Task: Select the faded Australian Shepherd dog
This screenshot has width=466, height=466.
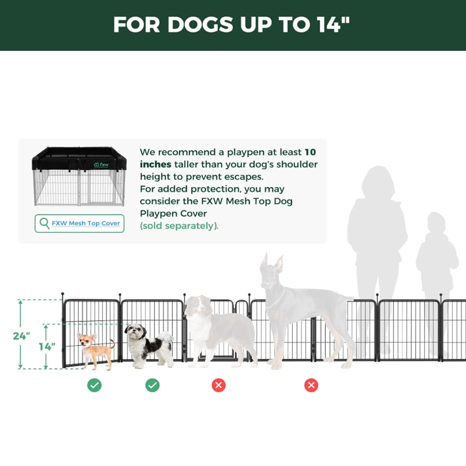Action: point(218,332)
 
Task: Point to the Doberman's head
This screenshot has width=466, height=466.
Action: point(271,270)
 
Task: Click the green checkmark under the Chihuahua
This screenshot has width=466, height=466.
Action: point(95,385)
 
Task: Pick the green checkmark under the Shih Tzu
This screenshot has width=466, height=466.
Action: point(152,385)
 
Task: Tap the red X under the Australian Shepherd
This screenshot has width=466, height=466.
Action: point(219,385)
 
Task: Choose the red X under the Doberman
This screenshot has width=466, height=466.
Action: point(311,385)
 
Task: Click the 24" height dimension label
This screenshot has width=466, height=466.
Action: point(21,336)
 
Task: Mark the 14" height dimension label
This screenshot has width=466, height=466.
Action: point(47,347)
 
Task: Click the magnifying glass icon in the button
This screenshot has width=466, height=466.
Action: point(44,223)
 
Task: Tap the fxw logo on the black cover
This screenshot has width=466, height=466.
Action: point(101,165)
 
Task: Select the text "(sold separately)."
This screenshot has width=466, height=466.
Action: point(179,226)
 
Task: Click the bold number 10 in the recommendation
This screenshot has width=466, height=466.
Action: point(310,152)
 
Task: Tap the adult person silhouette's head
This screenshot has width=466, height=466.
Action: point(378,181)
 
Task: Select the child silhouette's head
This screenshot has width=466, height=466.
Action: point(436,223)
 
